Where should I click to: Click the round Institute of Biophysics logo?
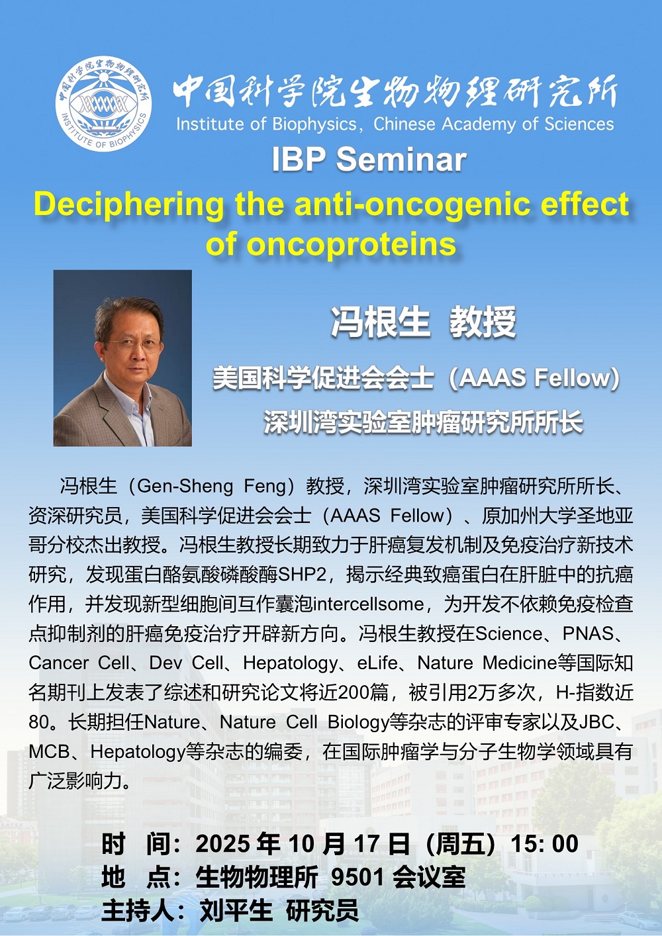(103, 103)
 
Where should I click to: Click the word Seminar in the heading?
(402, 160)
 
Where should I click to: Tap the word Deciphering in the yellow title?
(128, 205)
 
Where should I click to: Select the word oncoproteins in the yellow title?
(351, 244)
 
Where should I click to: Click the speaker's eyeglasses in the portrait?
(134, 345)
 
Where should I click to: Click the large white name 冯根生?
(381, 322)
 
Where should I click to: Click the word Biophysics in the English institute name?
(313, 124)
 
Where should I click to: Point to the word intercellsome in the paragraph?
(369, 604)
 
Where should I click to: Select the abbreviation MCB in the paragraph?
(49, 752)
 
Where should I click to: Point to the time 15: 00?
(545, 843)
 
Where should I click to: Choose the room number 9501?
(357, 876)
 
